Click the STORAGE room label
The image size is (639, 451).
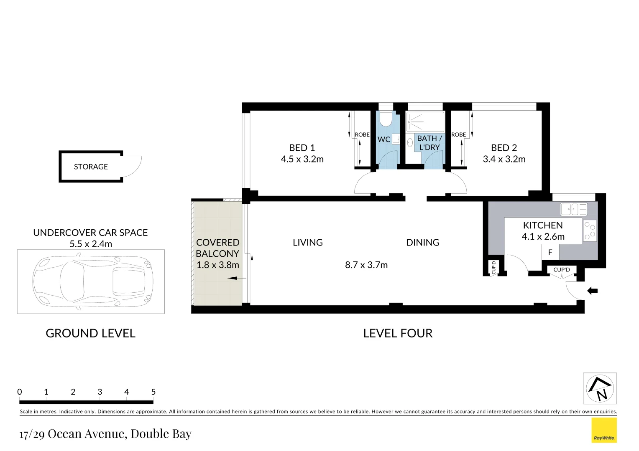(91, 167)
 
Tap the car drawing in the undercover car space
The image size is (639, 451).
(92, 281)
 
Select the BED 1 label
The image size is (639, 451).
(302, 148)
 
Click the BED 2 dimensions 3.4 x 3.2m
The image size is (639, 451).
(504, 159)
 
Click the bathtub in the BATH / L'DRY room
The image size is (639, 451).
(425, 122)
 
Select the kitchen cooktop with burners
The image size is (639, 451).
(590, 231)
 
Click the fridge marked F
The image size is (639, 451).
(550, 252)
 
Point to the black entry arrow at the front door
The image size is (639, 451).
(592, 291)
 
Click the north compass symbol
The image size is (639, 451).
(600, 388)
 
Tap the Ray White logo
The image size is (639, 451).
(604, 430)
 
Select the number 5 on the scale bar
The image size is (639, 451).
(153, 392)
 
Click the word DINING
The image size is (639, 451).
(422, 243)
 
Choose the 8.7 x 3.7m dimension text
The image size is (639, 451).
(366, 265)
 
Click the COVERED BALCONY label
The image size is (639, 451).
(217, 248)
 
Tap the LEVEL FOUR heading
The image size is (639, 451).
(398, 333)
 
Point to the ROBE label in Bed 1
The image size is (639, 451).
(362, 134)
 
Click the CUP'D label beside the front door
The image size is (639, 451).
(561, 270)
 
